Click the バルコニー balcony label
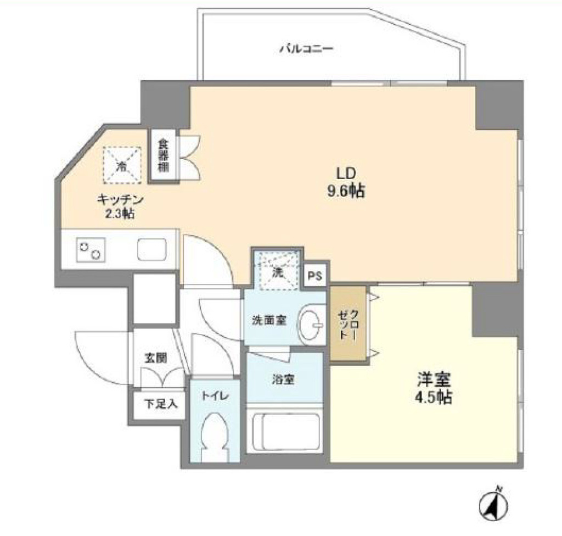(306, 48)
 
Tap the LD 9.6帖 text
(346, 182)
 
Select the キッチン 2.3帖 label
(120, 206)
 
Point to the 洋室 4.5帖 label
(434, 388)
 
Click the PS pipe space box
(316, 275)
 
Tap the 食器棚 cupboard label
(164, 155)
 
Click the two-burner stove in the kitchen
(91, 250)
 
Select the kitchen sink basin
(152, 249)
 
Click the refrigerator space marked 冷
(122, 165)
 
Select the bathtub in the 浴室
(285, 432)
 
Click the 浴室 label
(283, 379)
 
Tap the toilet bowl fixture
(215, 437)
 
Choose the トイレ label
(215, 396)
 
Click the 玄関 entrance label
(155, 358)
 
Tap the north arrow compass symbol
(494, 506)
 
